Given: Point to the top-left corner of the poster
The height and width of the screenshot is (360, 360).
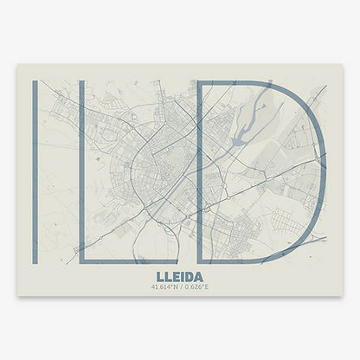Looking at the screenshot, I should pos(17,64).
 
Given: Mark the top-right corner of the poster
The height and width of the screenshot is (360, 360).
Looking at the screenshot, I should pos(343,64).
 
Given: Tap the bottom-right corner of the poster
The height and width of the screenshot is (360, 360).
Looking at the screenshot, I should pos(343,295).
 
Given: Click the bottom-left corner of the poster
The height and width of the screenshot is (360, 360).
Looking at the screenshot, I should pos(17,295).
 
